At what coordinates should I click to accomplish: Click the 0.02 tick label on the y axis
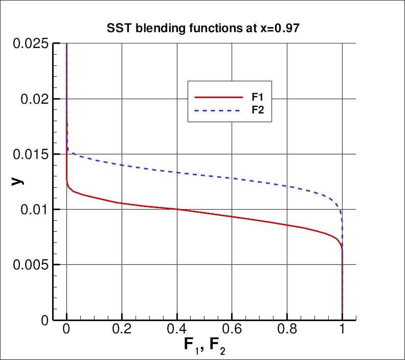pos(34,99)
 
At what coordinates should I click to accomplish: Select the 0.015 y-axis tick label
pos(29,154)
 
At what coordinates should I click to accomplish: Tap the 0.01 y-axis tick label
pos(34,209)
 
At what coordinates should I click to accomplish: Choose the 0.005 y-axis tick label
pos(29,264)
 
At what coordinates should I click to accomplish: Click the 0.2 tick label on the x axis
pos(122,328)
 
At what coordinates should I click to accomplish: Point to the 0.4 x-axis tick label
pos(177,328)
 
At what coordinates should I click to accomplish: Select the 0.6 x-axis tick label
pos(232,328)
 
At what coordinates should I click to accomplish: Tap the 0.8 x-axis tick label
pos(287,328)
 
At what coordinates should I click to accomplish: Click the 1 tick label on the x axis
pos(342,328)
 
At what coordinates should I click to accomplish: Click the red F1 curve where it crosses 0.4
pos(177,209)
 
